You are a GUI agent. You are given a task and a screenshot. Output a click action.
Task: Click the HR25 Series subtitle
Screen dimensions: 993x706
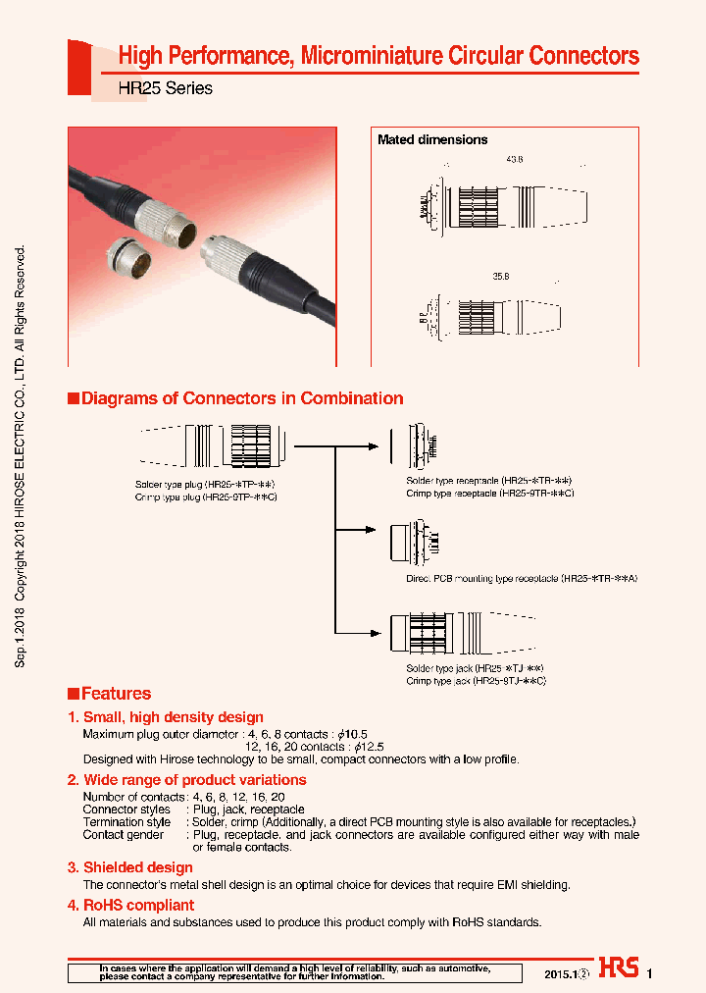(x=165, y=88)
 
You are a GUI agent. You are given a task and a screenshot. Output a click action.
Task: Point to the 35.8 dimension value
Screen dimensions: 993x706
(x=501, y=278)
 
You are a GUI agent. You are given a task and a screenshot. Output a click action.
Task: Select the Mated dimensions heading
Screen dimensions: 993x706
(x=432, y=140)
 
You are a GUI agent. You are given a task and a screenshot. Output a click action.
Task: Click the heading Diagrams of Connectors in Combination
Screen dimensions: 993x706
(x=241, y=398)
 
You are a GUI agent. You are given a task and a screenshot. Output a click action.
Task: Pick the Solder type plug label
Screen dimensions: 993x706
(x=205, y=485)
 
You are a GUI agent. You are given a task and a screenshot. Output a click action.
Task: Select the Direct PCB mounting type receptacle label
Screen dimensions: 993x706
(x=522, y=579)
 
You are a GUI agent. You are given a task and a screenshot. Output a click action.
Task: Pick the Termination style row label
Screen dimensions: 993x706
(x=126, y=821)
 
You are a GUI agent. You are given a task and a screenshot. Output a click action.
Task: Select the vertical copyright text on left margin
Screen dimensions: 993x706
(x=21, y=457)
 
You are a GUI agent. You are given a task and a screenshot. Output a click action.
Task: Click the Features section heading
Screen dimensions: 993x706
(x=115, y=693)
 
